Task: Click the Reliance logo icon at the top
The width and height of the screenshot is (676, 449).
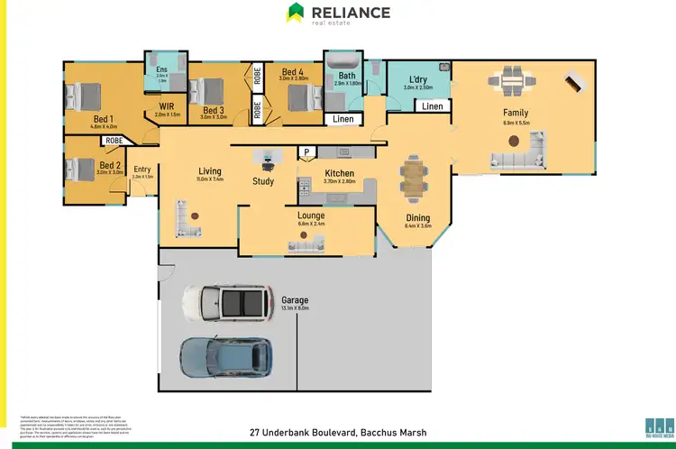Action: click(x=295, y=13)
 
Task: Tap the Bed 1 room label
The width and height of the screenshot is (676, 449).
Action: click(x=102, y=119)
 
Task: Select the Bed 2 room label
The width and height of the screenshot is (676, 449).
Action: click(x=110, y=165)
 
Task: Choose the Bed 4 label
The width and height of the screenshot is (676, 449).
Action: click(x=293, y=72)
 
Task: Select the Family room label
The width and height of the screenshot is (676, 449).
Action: click(x=515, y=113)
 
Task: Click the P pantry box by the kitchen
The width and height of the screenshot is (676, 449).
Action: click(x=306, y=151)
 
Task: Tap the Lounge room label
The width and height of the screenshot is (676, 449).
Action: click(x=311, y=215)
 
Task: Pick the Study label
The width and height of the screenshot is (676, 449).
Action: click(x=263, y=181)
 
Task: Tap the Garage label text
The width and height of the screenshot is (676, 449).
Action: click(x=295, y=300)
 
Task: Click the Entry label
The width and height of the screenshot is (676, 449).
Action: click(x=142, y=169)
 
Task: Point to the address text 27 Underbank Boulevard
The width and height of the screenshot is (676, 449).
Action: click(x=337, y=433)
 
